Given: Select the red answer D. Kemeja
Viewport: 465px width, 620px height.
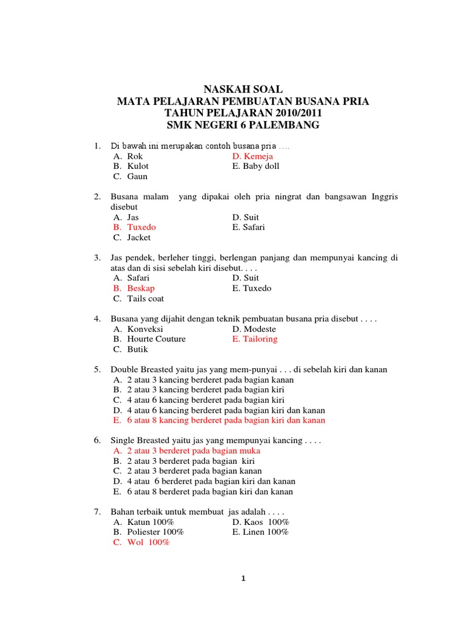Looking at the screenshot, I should click(252, 156).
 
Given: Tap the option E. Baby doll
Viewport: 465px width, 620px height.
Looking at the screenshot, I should click(256, 167).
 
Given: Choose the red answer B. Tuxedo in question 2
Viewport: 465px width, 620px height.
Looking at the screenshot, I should click(134, 228).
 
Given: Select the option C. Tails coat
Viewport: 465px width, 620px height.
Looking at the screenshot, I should click(139, 299).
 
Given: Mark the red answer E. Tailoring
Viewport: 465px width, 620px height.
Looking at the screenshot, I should click(254, 340).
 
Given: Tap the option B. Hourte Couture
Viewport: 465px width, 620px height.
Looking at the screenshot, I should click(150, 340).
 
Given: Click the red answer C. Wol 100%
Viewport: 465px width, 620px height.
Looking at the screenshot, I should click(142, 543).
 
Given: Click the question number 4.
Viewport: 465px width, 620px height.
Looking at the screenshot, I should click(96, 318).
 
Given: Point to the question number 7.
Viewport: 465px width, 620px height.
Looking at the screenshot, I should click(96, 512).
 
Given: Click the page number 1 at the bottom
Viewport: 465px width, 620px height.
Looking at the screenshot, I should click(243, 579).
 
